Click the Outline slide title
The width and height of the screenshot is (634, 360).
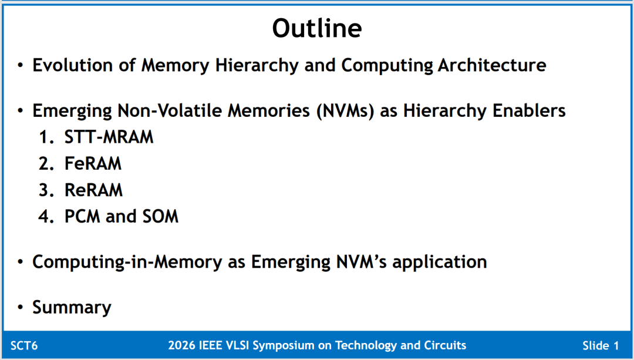click(317, 28)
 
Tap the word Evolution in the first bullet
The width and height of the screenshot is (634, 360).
click(72, 65)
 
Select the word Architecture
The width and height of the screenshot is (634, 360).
click(492, 65)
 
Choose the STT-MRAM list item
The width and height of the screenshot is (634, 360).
click(109, 137)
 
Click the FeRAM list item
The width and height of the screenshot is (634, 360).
click(93, 163)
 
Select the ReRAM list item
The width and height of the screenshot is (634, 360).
click(93, 190)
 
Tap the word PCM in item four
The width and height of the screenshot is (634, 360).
click(82, 216)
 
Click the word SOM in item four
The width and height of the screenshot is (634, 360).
click(160, 216)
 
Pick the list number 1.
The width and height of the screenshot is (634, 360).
click(46, 137)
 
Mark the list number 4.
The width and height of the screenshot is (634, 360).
click(46, 216)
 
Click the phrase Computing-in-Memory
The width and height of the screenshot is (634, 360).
click(127, 262)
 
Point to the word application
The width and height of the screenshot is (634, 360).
click(440, 262)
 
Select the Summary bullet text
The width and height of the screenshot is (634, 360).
click(72, 307)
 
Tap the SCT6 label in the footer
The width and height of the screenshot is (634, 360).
click(24, 345)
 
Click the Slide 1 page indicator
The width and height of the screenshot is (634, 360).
click(601, 345)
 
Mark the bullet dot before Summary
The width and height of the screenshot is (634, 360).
click(21, 307)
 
